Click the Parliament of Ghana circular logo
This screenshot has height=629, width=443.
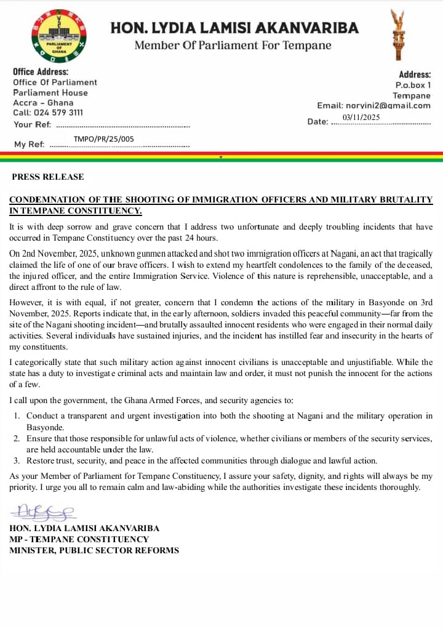pyautogui.click(x=58, y=39)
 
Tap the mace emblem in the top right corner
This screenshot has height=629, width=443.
pyautogui.click(x=397, y=36)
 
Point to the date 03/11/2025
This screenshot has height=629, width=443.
pyautogui.click(x=362, y=118)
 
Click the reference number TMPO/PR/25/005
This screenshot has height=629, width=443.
pyautogui.click(x=103, y=140)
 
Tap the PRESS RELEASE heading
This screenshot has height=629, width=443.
pyautogui.click(x=48, y=177)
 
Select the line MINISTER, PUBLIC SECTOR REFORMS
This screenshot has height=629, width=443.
pyautogui.click(x=94, y=551)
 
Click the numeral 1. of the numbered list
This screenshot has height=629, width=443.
pyautogui.click(x=17, y=416)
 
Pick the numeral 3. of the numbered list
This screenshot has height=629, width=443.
pyautogui.click(x=17, y=460)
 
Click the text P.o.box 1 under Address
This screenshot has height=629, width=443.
pyautogui.click(x=413, y=86)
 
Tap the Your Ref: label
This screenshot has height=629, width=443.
pyautogui.click(x=32, y=125)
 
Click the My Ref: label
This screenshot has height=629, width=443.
pyautogui.click(x=29, y=145)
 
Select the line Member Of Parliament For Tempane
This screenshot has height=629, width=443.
pyautogui.click(x=233, y=46)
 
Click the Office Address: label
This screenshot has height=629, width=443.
pyautogui.click(x=41, y=72)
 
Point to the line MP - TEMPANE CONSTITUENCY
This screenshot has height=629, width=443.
pyautogui.click(x=79, y=540)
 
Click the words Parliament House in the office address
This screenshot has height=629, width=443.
pyautogui.click(x=50, y=93)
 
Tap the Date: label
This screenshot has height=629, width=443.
pyautogui.click(x=317, y=122)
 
